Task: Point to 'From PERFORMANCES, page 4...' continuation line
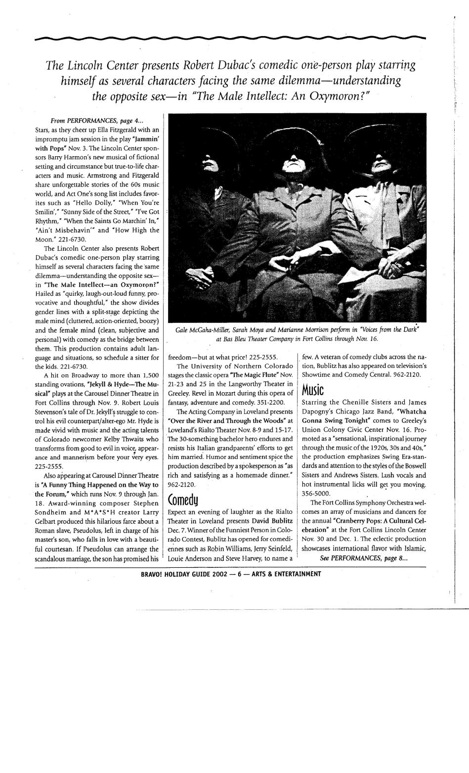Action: (97, 122)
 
